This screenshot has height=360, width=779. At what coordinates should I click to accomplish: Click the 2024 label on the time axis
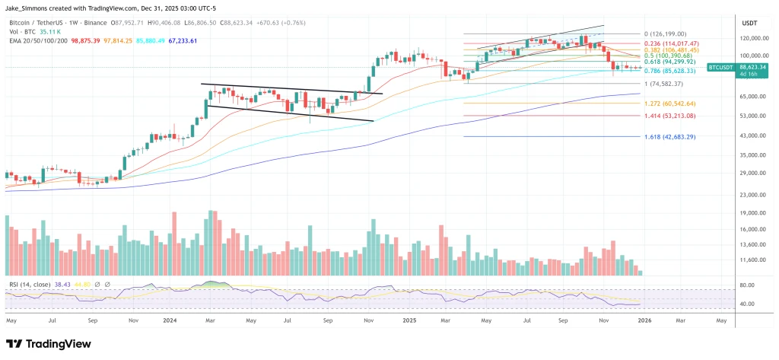[x=171, y=320]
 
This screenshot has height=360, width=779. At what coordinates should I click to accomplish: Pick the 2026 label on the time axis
[x=643, y=320]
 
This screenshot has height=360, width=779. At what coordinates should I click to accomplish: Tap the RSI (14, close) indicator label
[x=29, y=283]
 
